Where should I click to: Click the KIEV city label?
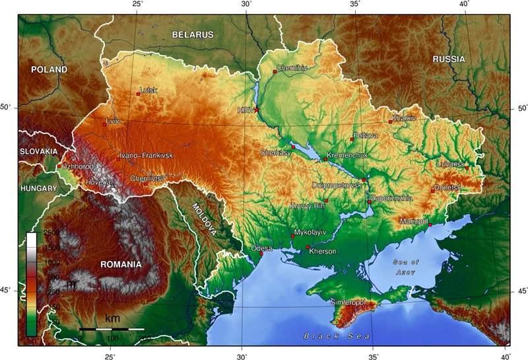click(246, 111)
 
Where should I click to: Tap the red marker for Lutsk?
click(138, 94)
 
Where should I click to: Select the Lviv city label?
click(114, 122)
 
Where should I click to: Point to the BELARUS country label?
click(193, 34)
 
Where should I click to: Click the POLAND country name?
click(49, 69)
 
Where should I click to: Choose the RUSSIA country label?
click(449, 59)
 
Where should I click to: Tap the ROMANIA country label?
click(121, 264)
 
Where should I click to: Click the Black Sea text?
click(337, 336)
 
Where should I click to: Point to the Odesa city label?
click(261, 249)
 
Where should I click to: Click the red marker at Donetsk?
click(433, 191)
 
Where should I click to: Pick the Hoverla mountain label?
click(97, 181)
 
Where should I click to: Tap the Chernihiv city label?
click(292, 67)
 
